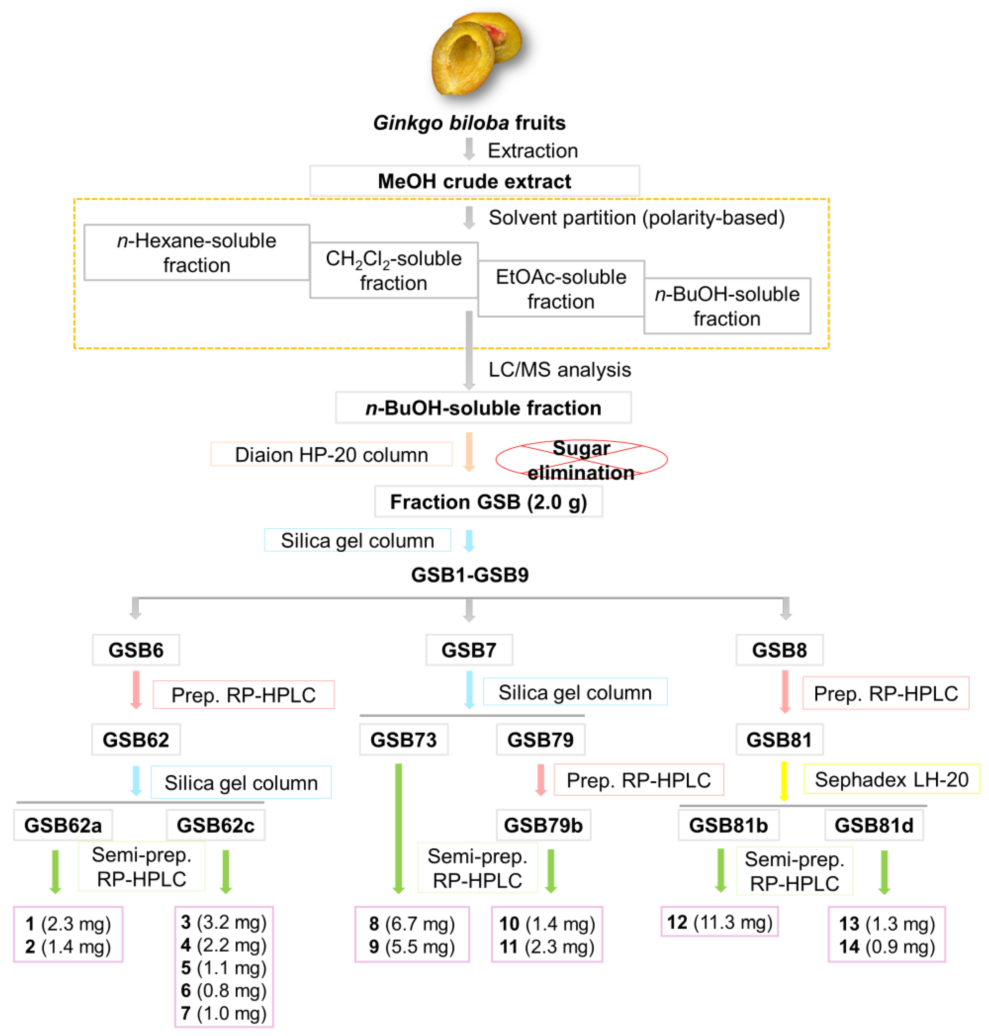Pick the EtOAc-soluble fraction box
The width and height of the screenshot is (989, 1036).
561,289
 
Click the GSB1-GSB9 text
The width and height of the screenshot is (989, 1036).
469,574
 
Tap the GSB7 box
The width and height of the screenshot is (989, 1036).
469,650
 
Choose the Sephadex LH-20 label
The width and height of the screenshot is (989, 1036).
891,779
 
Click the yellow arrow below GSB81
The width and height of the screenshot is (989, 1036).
784,781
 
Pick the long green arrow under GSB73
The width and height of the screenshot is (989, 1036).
398,827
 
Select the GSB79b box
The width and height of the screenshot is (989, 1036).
543,825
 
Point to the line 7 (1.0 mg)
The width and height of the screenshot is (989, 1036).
224,1013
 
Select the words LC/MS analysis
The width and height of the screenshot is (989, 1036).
559,369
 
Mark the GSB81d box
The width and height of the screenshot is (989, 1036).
873,825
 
